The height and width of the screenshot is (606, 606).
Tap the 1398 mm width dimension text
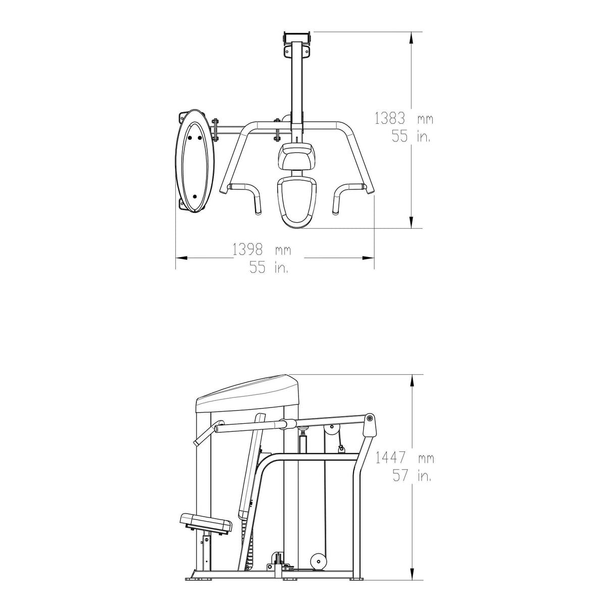262,250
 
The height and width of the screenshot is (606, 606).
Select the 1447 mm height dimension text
405,458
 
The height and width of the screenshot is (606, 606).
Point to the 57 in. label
412,476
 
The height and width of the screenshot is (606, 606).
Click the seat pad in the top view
296,202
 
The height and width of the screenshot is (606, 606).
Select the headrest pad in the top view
296,156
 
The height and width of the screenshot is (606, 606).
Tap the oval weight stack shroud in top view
194,161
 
